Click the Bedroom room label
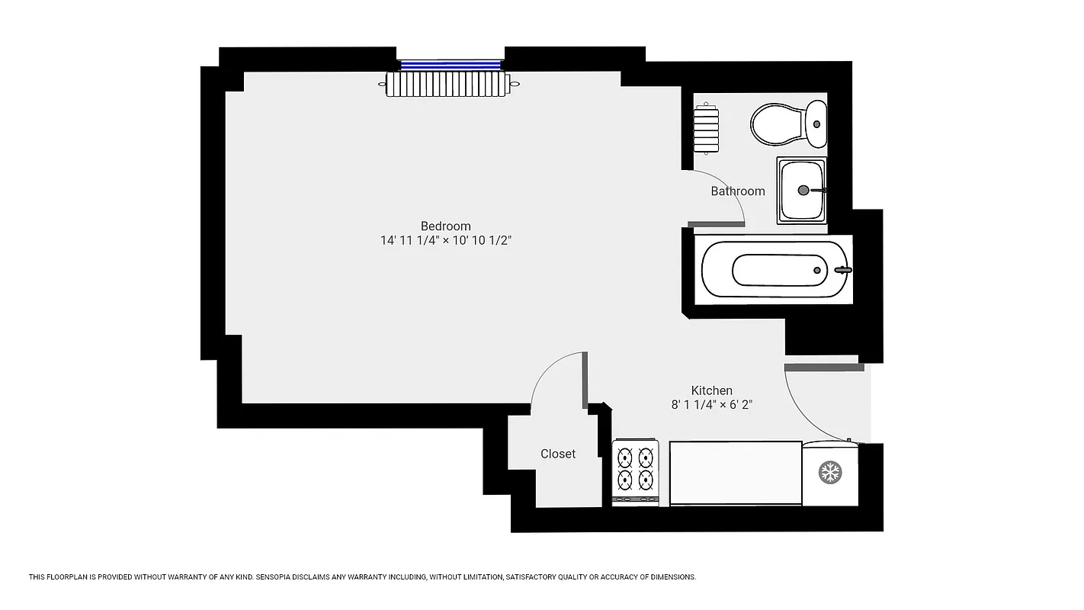446,226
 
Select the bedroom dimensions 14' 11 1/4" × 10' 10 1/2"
446,240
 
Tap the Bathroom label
737,191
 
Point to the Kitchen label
711,390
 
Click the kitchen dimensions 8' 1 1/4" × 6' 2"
711,405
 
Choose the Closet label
558,454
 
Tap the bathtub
774,270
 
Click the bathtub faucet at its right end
842,269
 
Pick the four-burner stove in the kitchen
635,471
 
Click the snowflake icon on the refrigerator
830,473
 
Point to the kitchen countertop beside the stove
736,473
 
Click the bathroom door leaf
716,224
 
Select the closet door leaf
585,380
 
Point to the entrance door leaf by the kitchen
824,368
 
